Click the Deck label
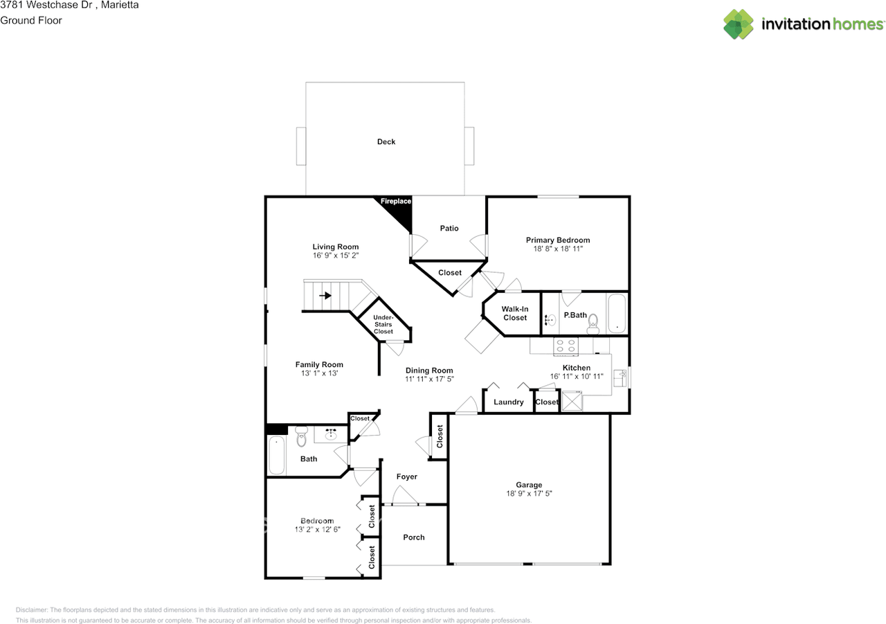(x=386, y=142)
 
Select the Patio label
(x=449, y=229)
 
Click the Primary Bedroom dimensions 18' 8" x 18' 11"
(x=558, y=249)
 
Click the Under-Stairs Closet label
(x=383, y=324)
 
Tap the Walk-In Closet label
(x=515, y=314)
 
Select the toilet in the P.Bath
(x=593, y=320)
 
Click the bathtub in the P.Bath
(x=616, y=314)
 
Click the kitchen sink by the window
(x=620, y=378)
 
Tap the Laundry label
(x=509, y=402)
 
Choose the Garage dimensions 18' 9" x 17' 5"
(x=529, y=494)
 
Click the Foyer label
(x=407, y=476)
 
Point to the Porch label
(x=414, y=537)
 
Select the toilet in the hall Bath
(x=300, y=438)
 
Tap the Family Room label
(x=319, y=365)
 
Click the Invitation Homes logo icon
(x=739, y=24)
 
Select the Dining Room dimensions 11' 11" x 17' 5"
(x=430, y=380)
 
